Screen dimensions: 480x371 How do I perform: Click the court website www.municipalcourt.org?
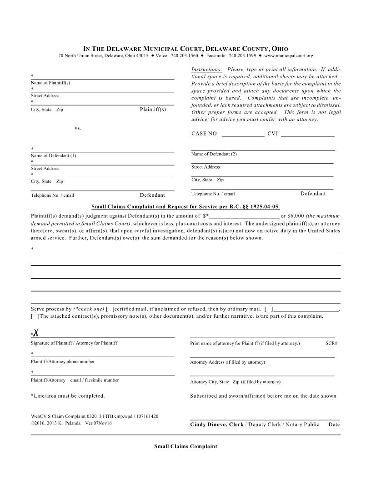tap(289, 55)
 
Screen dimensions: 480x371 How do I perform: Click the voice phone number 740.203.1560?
tap(184, 55)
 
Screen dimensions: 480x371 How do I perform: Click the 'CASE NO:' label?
tap(205, 134)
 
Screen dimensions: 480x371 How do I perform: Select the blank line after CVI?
tap(308, 135)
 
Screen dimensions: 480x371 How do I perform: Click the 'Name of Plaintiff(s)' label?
tap(50, 83)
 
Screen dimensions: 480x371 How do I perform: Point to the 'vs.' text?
tap(78, 128)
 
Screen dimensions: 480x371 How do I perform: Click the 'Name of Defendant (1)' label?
tap(53, 155)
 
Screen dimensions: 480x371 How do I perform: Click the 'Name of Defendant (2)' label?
tap(214, 154)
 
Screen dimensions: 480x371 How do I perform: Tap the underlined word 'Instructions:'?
tap(207, 70)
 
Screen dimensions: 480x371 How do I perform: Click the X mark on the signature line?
tap(35, 334)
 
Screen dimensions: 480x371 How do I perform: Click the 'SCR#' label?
tap(331, 343)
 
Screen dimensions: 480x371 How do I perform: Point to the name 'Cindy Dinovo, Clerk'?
tap(216, 425)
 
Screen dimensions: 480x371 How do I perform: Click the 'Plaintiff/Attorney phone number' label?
tap(63, 362)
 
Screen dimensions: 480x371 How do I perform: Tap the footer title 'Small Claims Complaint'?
tap(185, 446)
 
